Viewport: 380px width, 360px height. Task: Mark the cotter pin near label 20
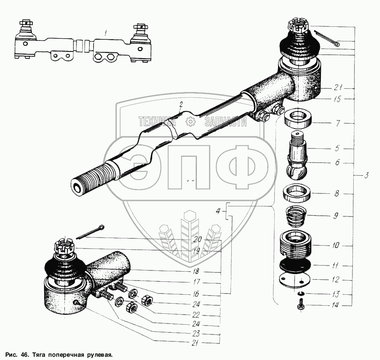point(92,232)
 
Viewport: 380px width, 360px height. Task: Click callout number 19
point(196,251)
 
